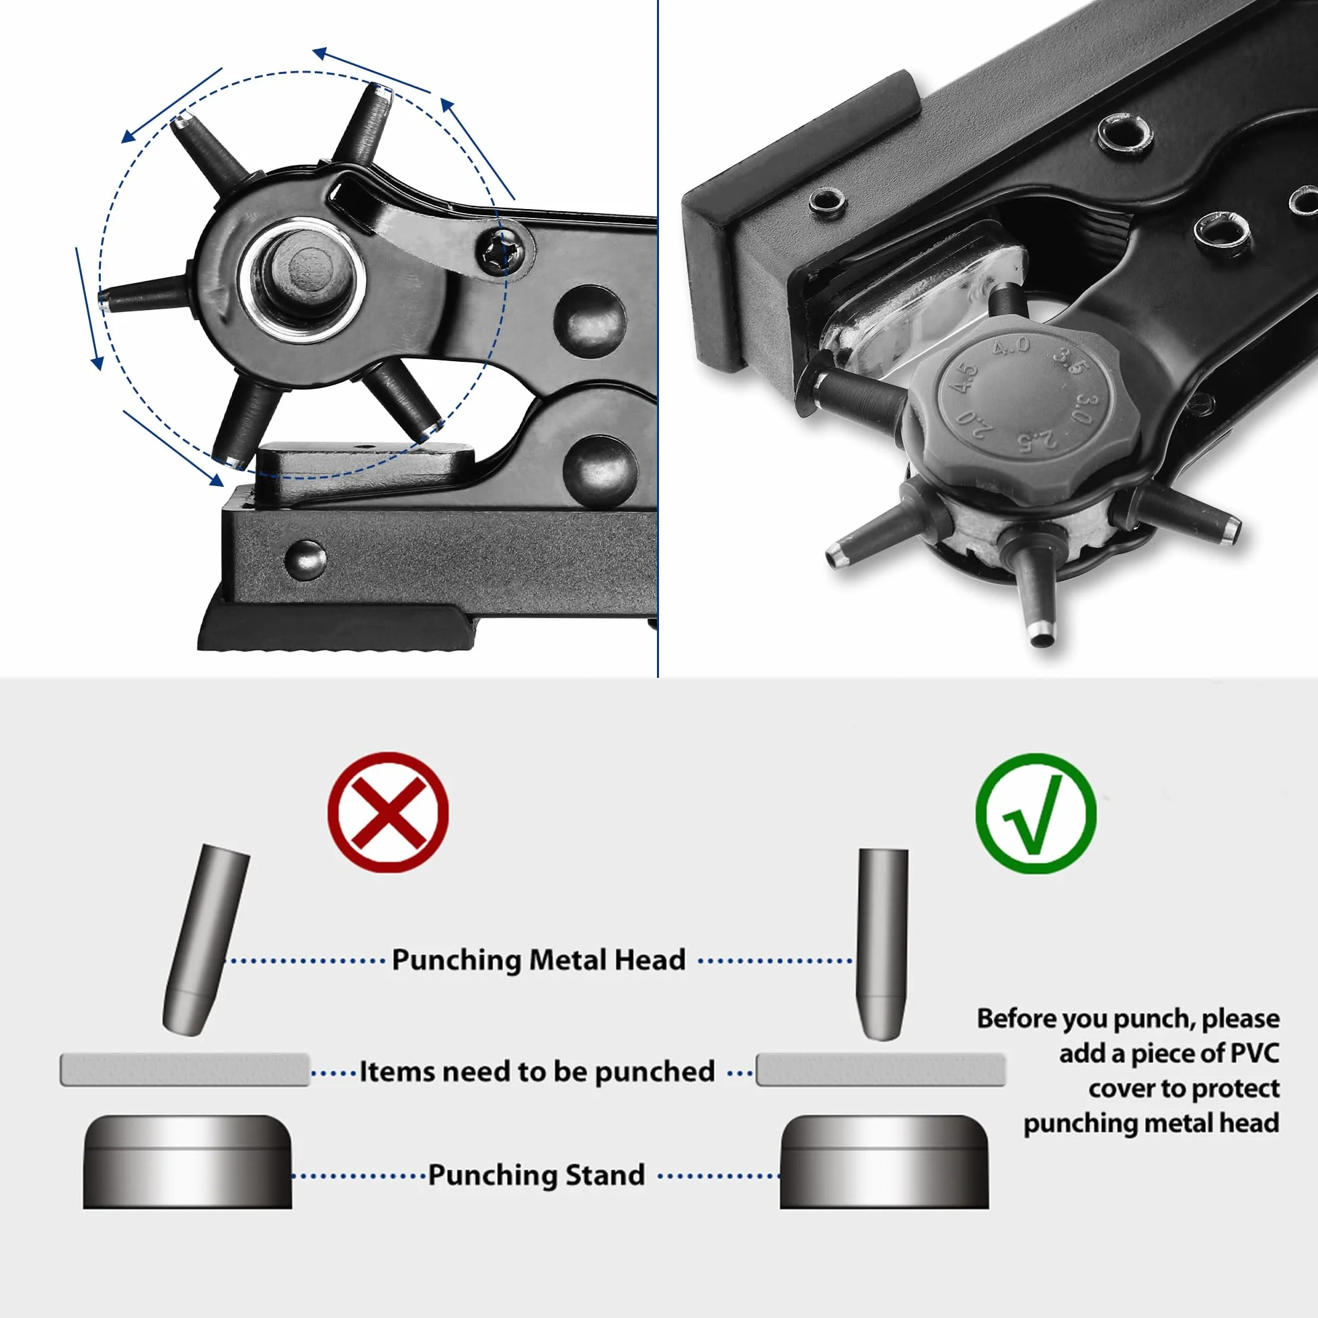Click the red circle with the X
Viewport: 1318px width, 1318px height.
[x=387, y=812]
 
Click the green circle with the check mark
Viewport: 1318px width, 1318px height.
[x=1036, y=813]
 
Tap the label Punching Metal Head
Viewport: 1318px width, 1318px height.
[x=538, y=960]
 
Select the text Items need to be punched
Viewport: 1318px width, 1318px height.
[x=537, y=1072]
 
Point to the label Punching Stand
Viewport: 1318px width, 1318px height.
[x=536, y=1175]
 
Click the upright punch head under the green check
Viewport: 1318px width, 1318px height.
[x=883, y=945]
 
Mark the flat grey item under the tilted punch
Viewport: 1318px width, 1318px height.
[x=185, y=1070]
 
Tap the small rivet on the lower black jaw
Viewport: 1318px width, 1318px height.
[x=305, y=559]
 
